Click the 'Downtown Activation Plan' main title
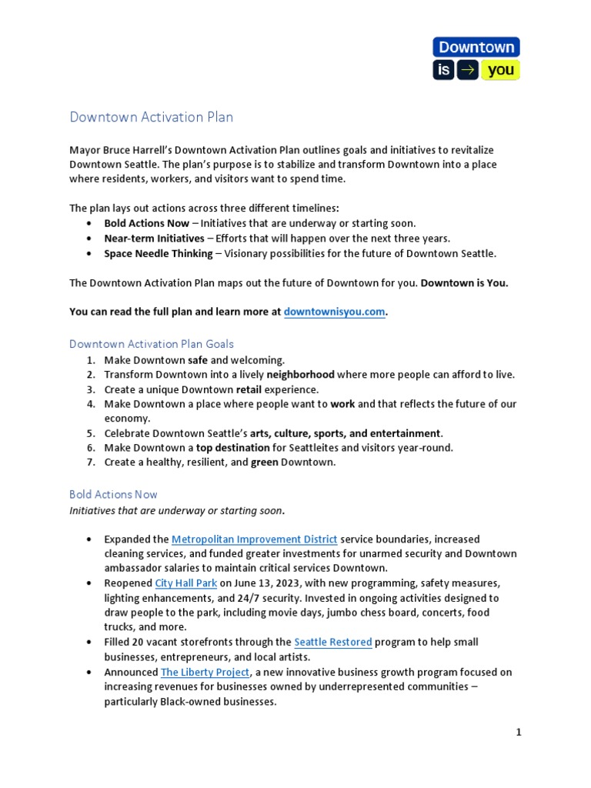point(151,118)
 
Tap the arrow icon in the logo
point(467,71)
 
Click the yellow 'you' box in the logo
point(501,71)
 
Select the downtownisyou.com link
point(334,312)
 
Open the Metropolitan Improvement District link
point(254,539)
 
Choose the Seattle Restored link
point(333,642)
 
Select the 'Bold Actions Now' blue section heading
point(113,494)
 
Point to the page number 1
point(519,733)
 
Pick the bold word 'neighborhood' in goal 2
point(300,375)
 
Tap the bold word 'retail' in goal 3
point(251,389)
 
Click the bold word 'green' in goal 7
point(264,462)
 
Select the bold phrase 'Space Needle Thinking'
point(159,253)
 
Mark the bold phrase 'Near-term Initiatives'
point(155,239)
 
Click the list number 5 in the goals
point(90,433)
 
